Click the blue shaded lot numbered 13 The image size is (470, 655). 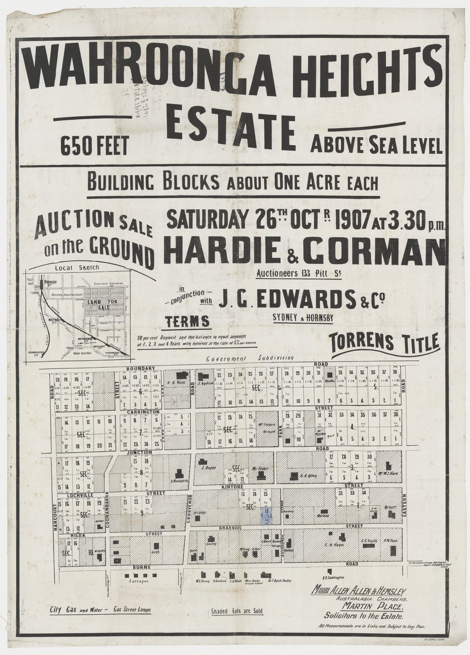(267, 516)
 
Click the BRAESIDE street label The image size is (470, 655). (229, 528)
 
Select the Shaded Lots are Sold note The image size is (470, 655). (237, 611)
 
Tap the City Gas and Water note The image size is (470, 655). (97, 610)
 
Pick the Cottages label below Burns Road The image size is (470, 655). (142, 581)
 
